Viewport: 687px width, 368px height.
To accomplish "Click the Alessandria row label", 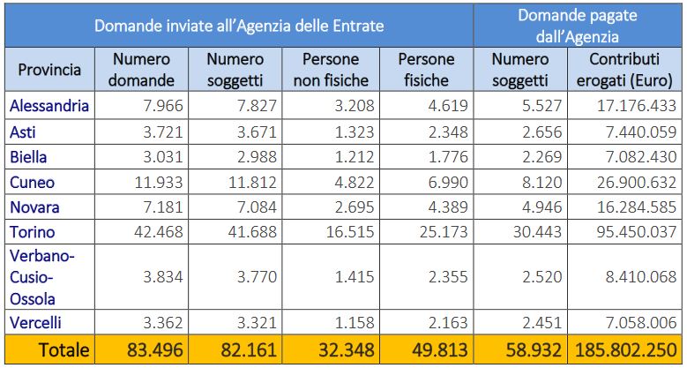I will coord(49,106).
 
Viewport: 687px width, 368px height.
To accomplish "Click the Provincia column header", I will coord(49,69).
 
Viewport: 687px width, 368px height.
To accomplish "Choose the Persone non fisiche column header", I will coord(331,69).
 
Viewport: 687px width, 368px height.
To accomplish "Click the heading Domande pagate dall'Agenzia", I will coord(578,26).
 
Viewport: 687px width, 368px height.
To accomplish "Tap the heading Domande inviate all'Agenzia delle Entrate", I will coord(239,26).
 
